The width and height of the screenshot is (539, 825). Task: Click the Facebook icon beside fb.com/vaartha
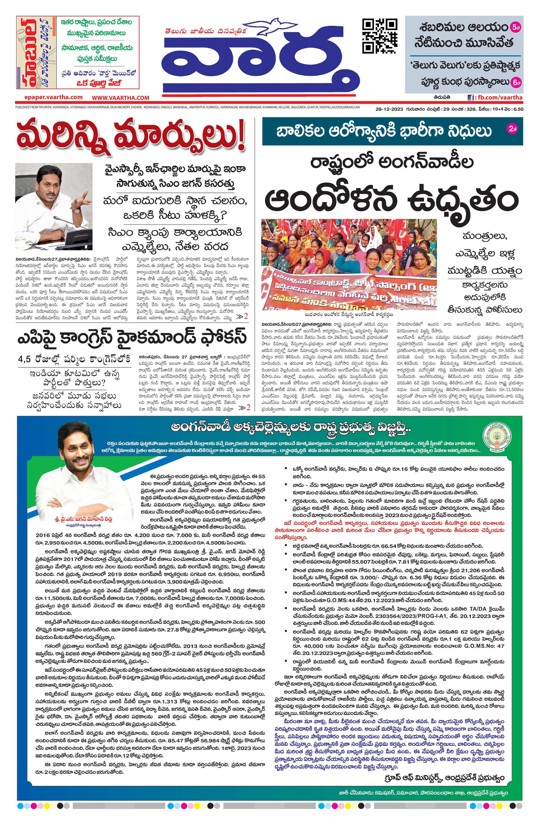click(x=471, y=98)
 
